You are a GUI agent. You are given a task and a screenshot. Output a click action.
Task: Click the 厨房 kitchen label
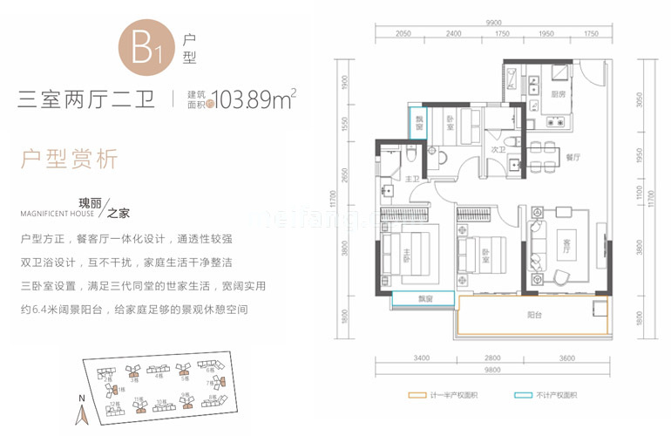click(558, 94)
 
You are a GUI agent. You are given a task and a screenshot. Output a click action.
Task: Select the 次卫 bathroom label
click(499, 149)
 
